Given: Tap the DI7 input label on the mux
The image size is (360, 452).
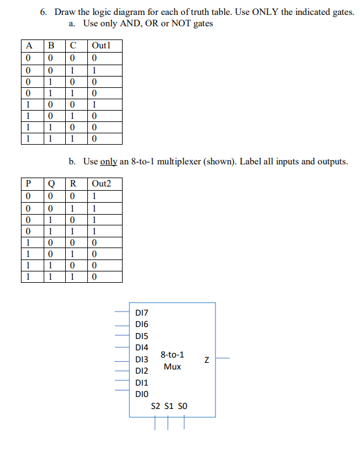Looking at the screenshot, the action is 143,312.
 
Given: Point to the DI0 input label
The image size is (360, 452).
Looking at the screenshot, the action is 143,393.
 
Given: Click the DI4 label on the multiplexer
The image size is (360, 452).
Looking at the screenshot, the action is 143,347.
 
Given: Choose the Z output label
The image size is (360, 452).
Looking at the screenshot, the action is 206,360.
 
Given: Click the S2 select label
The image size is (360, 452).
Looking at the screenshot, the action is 156,406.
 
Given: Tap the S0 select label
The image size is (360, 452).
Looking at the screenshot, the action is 184,406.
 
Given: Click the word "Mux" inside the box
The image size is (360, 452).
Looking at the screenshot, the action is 172,367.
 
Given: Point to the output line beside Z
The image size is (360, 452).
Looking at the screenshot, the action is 222,359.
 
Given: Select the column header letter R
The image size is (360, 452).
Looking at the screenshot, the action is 72,183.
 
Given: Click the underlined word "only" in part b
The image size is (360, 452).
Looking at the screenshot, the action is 108,161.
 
